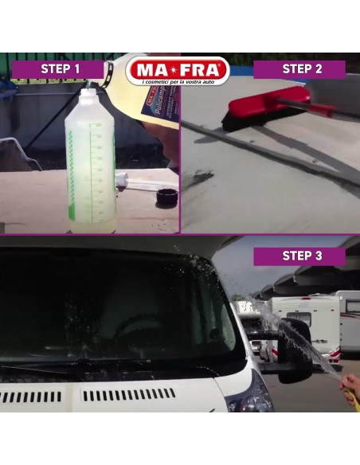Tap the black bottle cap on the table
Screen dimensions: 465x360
(166, 197)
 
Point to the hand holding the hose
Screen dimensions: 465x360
(350, 389)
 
